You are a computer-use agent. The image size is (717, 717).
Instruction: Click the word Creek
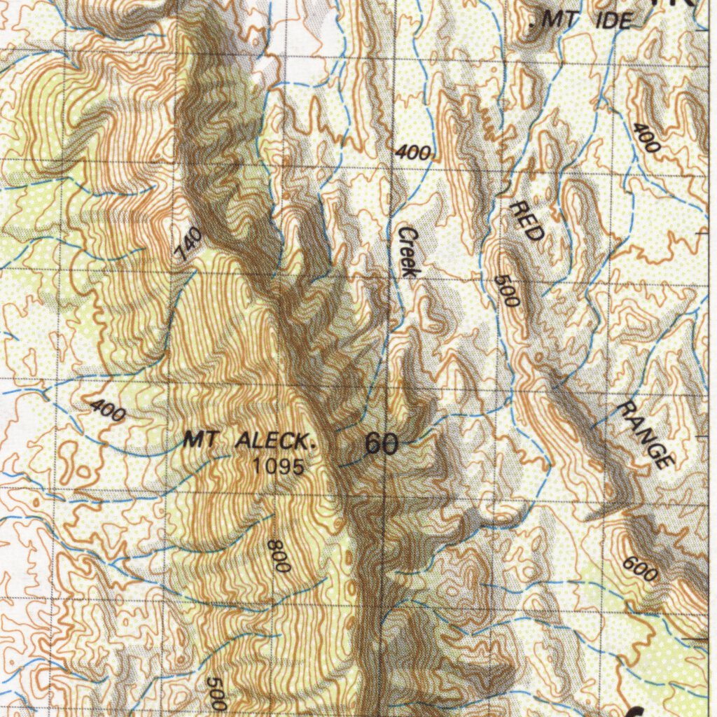click(x=408, y=252)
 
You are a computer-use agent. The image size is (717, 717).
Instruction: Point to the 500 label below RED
click(x=506, y=291)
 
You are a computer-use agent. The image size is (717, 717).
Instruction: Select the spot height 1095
click(x=279, y=466)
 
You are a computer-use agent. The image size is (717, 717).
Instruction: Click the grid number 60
click(x=382, y=444)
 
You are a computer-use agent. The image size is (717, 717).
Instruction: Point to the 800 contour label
click(x=278, y=555)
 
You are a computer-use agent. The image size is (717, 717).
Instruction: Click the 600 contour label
click(x=639, y=569)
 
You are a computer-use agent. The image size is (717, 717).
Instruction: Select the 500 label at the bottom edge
click(x=216, y=693)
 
